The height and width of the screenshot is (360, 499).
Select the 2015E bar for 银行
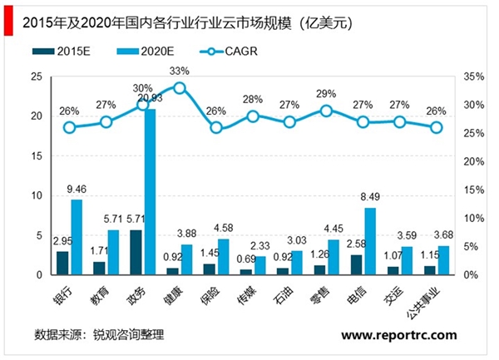[62, 263]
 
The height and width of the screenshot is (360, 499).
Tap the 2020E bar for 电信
[370, 241]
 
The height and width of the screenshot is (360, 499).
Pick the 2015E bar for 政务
[136, 252]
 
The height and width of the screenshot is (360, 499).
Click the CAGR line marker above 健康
[179, 87]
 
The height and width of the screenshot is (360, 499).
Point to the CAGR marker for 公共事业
[437, 127]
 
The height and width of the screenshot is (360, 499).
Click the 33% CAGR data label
[179, 72]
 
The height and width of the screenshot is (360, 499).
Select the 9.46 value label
[77, 190]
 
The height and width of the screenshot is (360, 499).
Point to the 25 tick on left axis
[37, 76]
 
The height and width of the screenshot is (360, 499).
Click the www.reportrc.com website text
[399, 335]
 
